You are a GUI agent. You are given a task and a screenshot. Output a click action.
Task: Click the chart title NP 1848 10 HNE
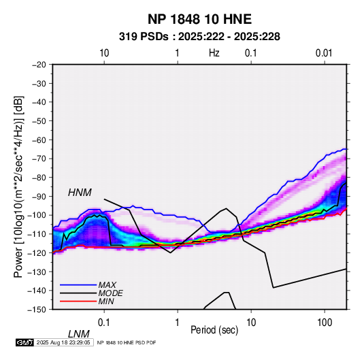click(199, 19)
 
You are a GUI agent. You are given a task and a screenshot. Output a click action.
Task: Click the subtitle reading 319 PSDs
click(144, 37)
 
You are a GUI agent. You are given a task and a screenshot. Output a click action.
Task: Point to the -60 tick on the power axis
click(39, 140)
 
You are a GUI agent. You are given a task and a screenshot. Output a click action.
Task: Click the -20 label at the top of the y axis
click(39, 65)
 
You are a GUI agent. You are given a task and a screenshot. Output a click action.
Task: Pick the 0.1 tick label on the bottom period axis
click(104, 323)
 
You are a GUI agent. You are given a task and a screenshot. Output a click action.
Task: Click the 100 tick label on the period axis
click(325, 323)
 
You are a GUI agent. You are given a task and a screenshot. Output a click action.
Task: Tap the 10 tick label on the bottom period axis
click(251, 323)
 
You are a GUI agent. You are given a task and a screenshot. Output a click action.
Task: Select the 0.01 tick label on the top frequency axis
click(324, 53)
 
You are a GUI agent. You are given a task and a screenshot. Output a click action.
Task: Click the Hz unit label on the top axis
click(214, 53)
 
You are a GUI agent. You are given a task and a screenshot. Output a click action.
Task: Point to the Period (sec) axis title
click(214, 330)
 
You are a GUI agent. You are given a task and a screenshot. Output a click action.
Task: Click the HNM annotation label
click(80, 193)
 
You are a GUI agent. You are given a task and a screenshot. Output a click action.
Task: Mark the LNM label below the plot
click(79, 334)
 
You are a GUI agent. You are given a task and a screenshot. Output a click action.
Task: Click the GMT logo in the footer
click(25, 342)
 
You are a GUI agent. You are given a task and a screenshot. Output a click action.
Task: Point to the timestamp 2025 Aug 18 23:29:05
click(63, 342)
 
